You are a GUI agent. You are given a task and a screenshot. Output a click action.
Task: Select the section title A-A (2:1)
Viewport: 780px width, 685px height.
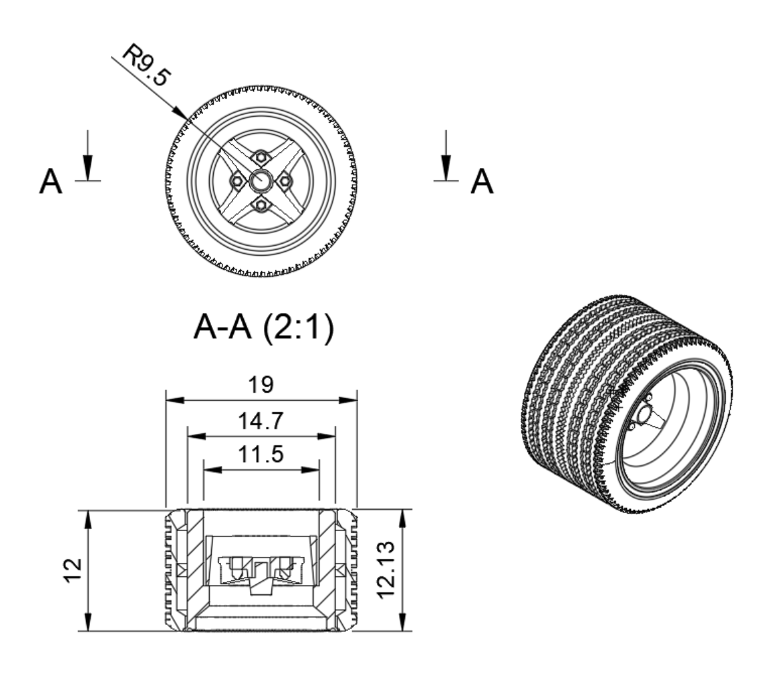(263, 329)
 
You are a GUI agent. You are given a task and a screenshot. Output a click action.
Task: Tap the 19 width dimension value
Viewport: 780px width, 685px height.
(261, 385)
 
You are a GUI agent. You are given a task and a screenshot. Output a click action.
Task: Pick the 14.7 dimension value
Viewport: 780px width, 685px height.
(261, 421)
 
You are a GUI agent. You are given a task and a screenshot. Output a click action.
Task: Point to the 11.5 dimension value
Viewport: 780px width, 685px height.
(261, 455)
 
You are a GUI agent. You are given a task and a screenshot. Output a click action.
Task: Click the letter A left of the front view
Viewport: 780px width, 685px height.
(51, 182)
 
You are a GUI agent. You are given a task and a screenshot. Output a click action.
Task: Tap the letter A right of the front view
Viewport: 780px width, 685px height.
(481, 182)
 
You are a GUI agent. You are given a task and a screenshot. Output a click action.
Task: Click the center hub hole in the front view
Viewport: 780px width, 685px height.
(261, 180)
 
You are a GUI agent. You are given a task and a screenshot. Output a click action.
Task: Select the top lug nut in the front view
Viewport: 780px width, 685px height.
(261, 156)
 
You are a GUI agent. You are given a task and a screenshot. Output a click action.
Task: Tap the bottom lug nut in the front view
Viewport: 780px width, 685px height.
(261, 204)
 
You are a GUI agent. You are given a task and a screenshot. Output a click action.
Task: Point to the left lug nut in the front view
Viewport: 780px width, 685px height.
(236, 181)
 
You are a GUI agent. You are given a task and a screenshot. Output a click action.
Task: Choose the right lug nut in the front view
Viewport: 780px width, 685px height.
(285, 181)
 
